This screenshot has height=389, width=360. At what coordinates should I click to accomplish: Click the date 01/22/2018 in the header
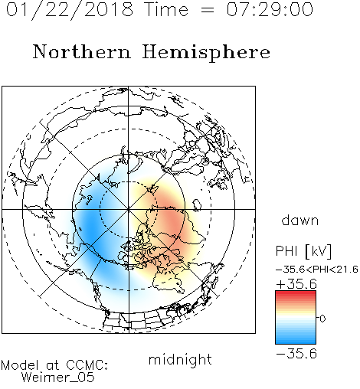tap(70, 10)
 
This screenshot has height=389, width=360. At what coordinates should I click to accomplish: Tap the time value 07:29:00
tap(270, 10)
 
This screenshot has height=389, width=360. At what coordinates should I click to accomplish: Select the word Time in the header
tap(166, 10)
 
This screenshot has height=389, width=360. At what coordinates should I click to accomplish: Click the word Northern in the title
tap(82, 52)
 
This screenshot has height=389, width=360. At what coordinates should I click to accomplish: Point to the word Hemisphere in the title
tap(206, 53)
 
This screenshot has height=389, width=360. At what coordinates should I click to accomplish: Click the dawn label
tap(300, 220)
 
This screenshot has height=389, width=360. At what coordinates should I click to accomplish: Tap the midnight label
tap(180, 360)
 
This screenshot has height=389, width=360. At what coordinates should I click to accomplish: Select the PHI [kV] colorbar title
tap(303, 251)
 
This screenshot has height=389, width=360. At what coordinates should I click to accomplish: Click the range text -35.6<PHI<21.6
tap(317, 270)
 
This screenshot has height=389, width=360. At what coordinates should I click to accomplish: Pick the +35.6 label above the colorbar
tap(296, 284)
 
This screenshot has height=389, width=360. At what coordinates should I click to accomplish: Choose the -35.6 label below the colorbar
tap(296, 354)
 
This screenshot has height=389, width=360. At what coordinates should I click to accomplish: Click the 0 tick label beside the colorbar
tap(322, 319)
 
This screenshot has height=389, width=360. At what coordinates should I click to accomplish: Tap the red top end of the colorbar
tap(296, 293)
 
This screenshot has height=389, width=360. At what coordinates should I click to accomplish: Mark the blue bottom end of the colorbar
tap(296, 342)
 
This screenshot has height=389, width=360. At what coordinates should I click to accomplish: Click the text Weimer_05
tap(57, 378)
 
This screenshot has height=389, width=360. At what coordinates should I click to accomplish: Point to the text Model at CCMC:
tap(54, 365)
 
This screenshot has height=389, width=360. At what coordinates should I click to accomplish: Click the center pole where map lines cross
tap(129, 209)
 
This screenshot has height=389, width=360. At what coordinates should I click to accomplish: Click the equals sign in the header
tap(208, 10)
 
